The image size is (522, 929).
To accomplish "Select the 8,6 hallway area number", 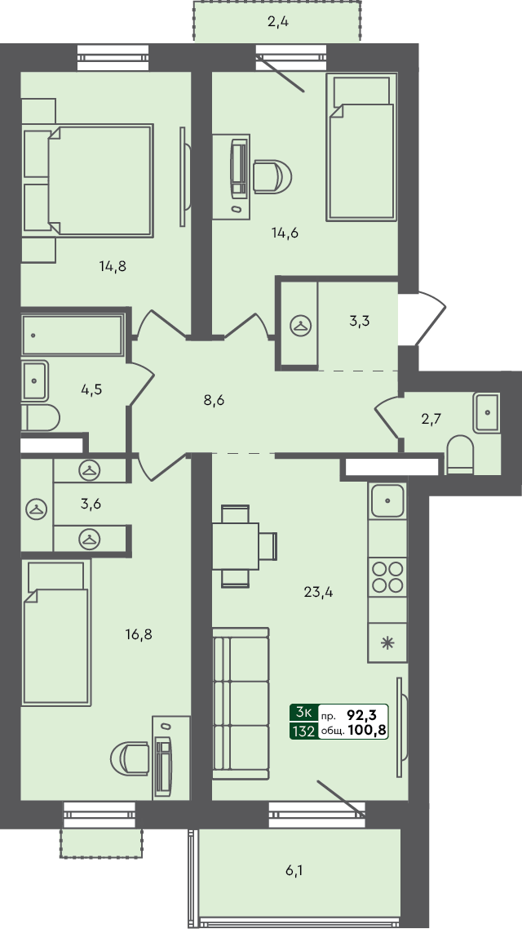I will [x=213, y=401].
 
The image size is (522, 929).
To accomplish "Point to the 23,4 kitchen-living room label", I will [x=318, y=592].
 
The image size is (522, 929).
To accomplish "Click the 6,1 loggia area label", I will [x=294, y=871].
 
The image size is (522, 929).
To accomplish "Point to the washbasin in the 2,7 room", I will [x=487, y=412].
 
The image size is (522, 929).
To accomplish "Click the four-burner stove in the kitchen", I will [x=387, y=577].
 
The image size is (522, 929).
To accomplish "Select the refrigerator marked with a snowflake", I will [x=387, y=641].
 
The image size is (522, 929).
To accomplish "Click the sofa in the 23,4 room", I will [x=240, y=702].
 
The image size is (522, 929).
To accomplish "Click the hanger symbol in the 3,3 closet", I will [x=300, y=325].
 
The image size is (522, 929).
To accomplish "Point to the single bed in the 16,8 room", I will [x=55, y=637].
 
